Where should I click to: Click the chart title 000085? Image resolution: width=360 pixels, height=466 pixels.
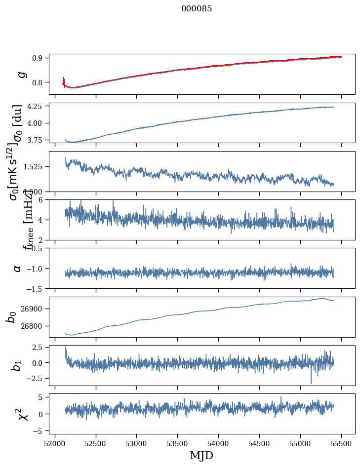click(x=197, y=9)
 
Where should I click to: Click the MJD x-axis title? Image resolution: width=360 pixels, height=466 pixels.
click(x=201, y=455)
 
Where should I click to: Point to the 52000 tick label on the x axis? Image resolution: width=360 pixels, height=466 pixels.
click(x=55, y=444)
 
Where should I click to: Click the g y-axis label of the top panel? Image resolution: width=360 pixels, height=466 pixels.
click(x=21, y=75)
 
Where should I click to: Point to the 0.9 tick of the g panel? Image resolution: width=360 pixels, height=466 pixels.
click(x=39, y=58)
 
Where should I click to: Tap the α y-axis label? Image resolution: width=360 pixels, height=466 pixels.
click(x=17, y=268)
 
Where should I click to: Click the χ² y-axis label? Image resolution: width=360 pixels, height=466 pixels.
click(x=21, y=414)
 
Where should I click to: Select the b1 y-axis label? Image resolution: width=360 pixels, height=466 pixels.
click(x=17, y=366)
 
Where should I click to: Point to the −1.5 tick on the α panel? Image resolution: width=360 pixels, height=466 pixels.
click(x=36, y=288)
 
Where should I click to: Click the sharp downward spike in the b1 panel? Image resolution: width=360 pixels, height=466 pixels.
click(x=311, y=382)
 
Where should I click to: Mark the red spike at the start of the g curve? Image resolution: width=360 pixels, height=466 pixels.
click(x=64, y=80)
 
